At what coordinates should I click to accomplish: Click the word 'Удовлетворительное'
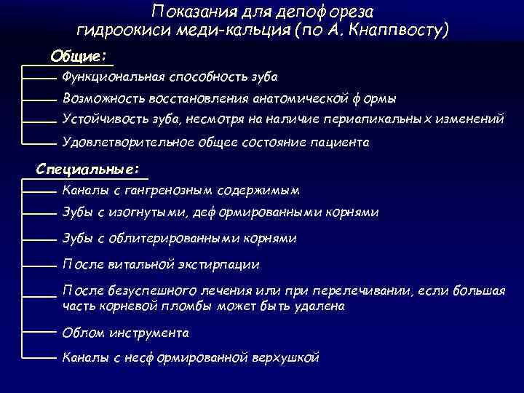coord(128,143)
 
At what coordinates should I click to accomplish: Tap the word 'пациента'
coord(343,143)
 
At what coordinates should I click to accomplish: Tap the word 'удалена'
coord(319,306)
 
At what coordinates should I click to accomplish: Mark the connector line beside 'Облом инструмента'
coord(39,333)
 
